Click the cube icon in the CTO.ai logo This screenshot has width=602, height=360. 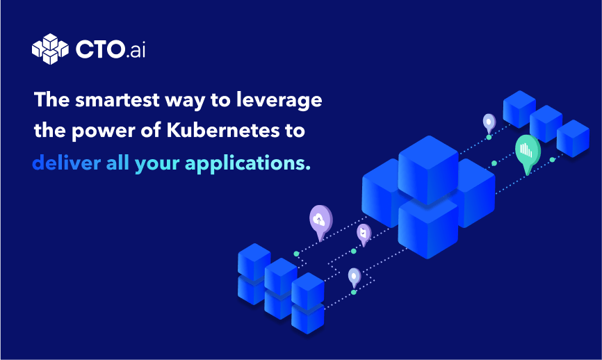50,49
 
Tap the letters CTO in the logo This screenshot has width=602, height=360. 100,49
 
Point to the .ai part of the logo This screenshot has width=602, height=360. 136,50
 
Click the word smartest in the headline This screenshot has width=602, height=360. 117,100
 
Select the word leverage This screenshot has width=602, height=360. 279,101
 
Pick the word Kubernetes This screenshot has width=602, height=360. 223,130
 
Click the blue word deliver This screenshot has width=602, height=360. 67,163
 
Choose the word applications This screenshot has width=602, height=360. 247,163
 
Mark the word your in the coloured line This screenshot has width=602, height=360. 157,164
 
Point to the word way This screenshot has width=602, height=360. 185,101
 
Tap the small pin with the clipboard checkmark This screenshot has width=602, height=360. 364,234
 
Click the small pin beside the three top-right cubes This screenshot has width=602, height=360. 489,123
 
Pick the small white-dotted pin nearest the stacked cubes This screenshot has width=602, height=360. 355,278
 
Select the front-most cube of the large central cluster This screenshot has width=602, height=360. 428,229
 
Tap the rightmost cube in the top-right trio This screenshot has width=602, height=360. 573,138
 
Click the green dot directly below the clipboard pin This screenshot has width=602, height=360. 354,252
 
